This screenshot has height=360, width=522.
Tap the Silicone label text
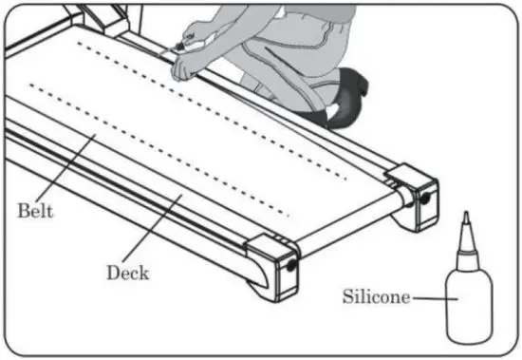coord(376,296)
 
